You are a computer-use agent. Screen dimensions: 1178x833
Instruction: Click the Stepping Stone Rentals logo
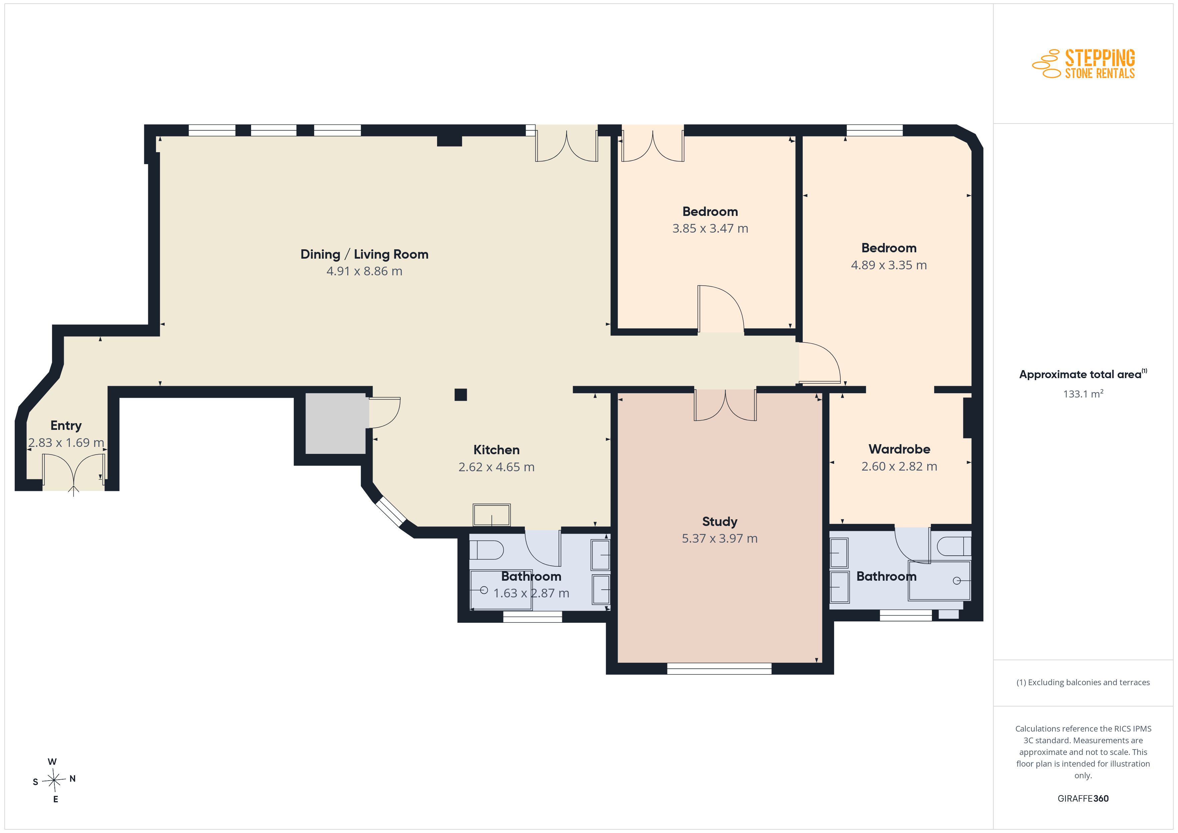[x=1084, y=64]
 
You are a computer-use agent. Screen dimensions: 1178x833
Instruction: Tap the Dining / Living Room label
[x=364, y=254]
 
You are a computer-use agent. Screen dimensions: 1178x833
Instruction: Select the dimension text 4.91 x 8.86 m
[x=364, y=271]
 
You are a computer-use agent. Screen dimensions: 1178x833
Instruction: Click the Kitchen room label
[x=496, y=450]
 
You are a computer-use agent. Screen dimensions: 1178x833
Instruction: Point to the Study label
[x=719, y=522]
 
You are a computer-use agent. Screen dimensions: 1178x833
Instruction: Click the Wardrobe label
[x=899, y=449]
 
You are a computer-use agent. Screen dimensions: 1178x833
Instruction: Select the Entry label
[x=66, y=426]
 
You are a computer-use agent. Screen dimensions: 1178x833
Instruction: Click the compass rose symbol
[x=54, y=780]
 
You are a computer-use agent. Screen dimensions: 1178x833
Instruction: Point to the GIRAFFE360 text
[x=1083, y=799]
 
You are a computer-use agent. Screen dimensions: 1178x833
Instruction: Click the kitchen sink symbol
[x=492, y=515]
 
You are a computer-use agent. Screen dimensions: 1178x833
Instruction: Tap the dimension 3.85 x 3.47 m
[x=710, y=229]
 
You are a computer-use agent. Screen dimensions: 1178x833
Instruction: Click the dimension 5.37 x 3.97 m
[x=719, y=539]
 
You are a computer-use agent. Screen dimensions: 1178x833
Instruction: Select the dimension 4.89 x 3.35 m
[x=889, y=265]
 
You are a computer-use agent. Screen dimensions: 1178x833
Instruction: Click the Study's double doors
[x=725, y=405]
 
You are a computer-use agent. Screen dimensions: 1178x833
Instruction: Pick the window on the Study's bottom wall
[x=719, y=668]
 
